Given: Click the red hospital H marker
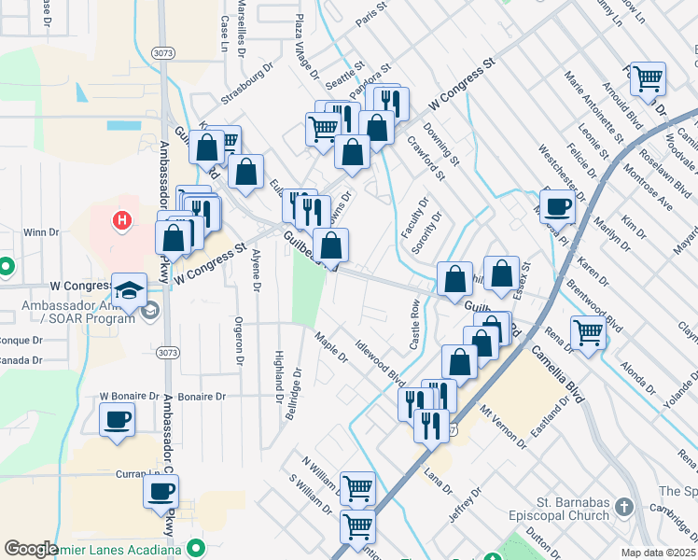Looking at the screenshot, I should tap(120, 221).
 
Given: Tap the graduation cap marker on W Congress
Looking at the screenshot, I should tap(129, 287).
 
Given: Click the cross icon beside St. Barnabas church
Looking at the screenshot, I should tap(624, 508).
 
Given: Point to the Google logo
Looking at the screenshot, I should tap(31, 549).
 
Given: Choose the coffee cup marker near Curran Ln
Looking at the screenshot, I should tap(161, 488).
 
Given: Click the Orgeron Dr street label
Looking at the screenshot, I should tap(239, 342).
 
